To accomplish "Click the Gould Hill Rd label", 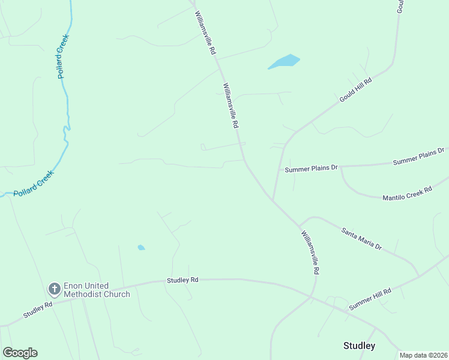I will (356, 89).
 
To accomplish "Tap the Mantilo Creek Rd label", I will (407, 193).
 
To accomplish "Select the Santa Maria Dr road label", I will (361, 238).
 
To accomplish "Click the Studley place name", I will (359, 346).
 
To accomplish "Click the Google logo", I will (20, 353).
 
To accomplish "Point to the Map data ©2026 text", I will (424, 355).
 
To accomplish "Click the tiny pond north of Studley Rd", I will (141, 247).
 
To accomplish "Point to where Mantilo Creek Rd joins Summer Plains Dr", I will (341, 167).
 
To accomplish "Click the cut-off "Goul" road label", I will (400, 6).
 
